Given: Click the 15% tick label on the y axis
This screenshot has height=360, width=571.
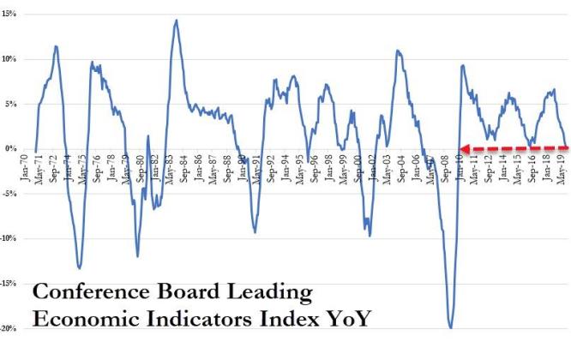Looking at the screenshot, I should tap(10, 14).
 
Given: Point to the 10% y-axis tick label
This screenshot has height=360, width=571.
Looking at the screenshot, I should tap(10, 58).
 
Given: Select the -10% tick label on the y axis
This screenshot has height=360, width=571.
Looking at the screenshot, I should tap(11, 238).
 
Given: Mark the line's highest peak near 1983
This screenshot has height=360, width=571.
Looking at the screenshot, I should tap(176, 20).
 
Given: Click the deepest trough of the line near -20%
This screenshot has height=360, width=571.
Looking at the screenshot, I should tap(450, 327).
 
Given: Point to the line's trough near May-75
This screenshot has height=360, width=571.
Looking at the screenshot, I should tap(80, 268).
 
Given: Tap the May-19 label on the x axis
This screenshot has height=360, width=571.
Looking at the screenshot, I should tap(562, 170).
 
